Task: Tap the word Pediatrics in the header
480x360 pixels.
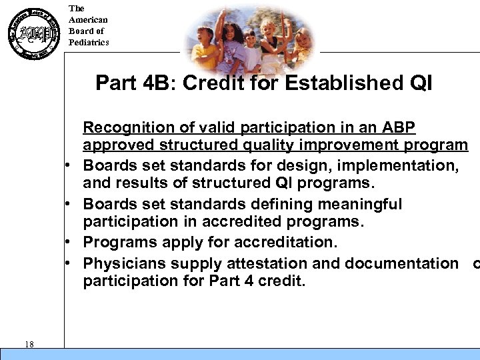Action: click(89, 43)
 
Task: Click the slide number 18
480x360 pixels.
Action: click(29, 343)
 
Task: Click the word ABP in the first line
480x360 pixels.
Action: click(399, 127)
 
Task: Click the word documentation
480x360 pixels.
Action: click(398, 263)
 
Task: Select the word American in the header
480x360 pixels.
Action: click(88, 20)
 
